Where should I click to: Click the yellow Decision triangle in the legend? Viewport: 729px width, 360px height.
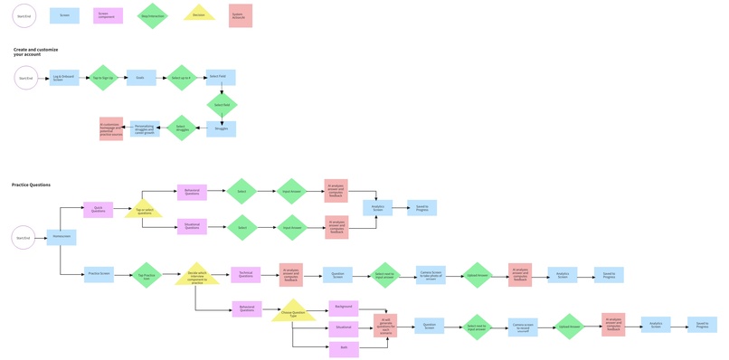point(199,14)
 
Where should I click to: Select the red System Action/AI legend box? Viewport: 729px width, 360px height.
point(241,15)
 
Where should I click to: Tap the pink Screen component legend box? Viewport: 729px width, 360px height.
point(108,15)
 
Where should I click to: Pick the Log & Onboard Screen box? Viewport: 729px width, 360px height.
point(64,79)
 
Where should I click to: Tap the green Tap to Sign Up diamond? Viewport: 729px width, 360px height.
point(104,79)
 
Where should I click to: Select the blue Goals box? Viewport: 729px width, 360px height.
point(140,79)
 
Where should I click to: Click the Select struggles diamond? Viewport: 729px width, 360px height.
point(181,128)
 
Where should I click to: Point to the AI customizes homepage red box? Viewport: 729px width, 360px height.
point(110,128)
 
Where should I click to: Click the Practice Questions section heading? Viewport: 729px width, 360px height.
point(31,185)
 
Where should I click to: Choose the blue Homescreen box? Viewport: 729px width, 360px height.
point(62,237)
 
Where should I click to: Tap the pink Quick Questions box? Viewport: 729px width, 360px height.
point(99,210)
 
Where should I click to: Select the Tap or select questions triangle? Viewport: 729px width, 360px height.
point(141,210)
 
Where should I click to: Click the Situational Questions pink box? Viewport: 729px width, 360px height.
point(192,227)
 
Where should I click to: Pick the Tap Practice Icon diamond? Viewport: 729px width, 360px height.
point(144,274)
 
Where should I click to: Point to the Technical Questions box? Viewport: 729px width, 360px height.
point(244,274)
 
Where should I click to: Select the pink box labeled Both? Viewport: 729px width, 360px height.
point(344,346)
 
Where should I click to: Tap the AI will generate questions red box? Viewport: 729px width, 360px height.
point(386,326)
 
